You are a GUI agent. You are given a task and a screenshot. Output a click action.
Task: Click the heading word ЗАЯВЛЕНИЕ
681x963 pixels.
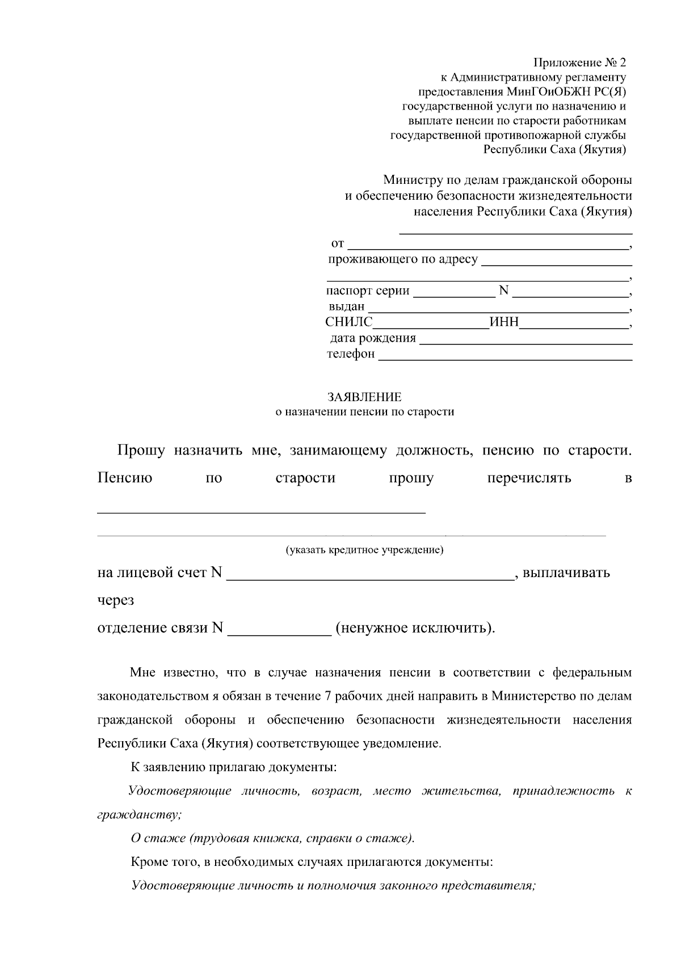pyautogui.click(x=364, y=397)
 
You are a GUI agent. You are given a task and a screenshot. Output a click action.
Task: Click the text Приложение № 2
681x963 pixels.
pyautogui.click(x=579, y=61)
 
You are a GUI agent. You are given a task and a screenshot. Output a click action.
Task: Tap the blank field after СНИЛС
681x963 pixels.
pyautogui.click(x=431, y=323)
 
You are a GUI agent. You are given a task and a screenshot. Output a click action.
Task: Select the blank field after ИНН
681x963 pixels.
pyautogui.click(x=574, y=323)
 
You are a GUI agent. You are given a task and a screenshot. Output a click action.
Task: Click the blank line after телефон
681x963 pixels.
pyautogui.click(x=505, y=355)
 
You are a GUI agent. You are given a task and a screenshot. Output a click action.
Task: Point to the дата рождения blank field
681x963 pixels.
pyautogui.click(x=525, y=339)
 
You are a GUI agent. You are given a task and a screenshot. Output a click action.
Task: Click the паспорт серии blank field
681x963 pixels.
pyautogui.click(x=453, y=292)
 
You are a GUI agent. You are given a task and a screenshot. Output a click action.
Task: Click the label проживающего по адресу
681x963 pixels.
pyautogui.click(x=403, y=259)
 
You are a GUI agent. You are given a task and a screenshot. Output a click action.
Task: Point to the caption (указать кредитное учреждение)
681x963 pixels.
pyautogui.click(x=364, y=550)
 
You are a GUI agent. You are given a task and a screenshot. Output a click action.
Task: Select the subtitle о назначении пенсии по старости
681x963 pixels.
pyautogui.click(x=364, y=412)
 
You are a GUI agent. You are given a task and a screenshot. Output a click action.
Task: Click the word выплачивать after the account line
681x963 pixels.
pyautogui.click(x=566, y=573)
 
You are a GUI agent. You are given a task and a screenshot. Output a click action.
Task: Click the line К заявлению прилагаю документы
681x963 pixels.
pyautogui.click(x=234, y=767)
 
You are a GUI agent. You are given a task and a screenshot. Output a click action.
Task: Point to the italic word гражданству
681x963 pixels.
pyautogui.click(x=139, y=814)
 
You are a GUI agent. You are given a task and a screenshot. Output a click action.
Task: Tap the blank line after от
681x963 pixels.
pyautogui.click(x=487, y=245)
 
